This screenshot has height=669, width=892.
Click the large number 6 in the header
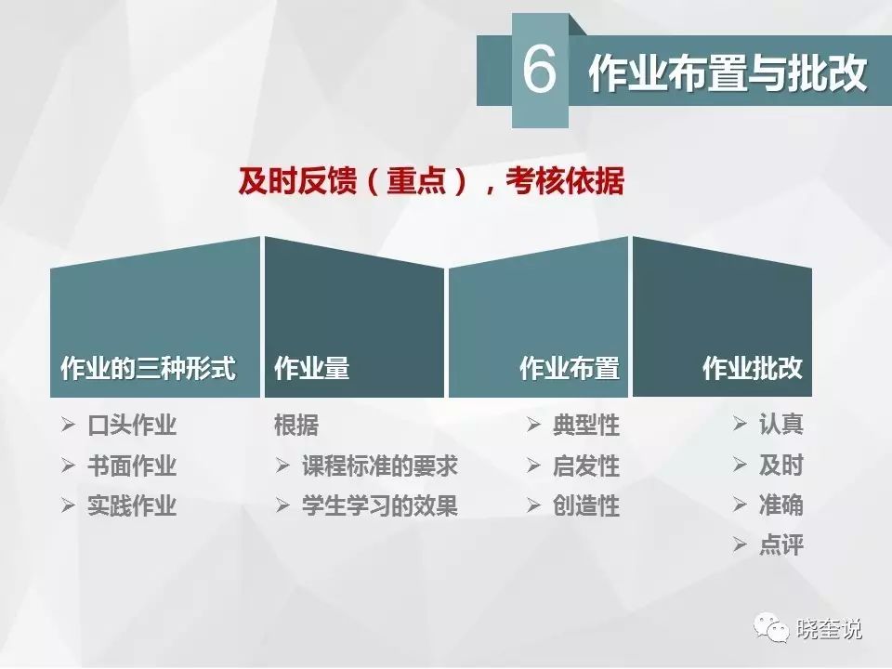tap(539, 70)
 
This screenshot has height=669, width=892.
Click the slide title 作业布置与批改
tap(728, 73)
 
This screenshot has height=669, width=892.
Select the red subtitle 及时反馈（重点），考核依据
tap(431, 181)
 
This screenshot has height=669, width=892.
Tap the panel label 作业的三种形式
tap(148, 368)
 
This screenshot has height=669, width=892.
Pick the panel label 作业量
tap(312, 368)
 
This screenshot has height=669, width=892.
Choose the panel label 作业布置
tap(570, 368)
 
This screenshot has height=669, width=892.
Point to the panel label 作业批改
tap(753, 368)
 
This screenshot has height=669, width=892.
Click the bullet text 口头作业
tap(132, 425)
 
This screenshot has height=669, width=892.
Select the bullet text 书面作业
tap(132, 466)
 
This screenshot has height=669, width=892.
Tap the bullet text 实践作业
tap(132, 505)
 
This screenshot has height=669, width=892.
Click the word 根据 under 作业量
tap(296, 425)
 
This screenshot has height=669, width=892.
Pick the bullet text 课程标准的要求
tap(380, 466)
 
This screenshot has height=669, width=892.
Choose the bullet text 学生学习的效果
tap(380, 505)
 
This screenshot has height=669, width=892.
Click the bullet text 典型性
tap(586, 425)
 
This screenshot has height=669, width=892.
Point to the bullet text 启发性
tap(586, 466)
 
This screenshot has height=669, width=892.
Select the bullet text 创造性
tap(586, 505)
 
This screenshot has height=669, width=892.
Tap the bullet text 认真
tap(781, 424)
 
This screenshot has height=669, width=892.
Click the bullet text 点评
tap(781, 545)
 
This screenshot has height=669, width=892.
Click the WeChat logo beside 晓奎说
tap(771, 627)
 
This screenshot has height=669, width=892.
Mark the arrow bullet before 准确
tap(740, 505)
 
